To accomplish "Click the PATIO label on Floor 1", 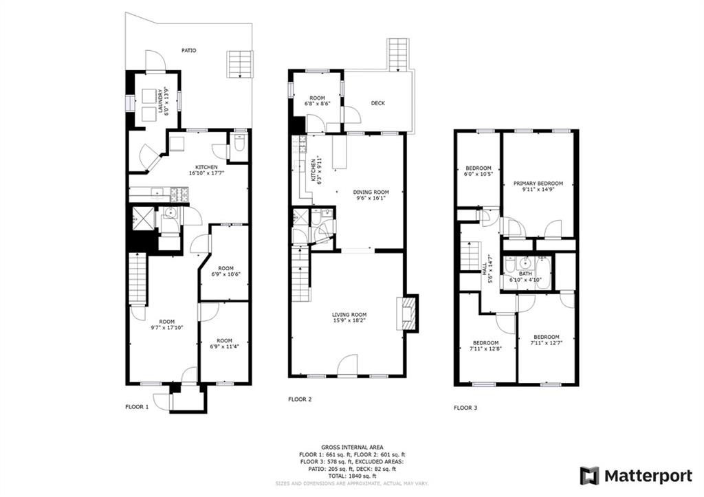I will (188, 50).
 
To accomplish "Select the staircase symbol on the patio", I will (239, 63).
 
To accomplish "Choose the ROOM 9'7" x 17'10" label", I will (166, 324).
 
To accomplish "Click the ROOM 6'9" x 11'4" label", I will (225, 344).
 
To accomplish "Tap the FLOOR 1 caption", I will (137, 407).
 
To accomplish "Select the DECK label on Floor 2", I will (378, 103).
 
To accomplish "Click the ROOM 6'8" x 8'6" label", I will (317, 101).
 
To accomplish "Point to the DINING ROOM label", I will (371, 196).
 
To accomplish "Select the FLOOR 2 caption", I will (300, 399).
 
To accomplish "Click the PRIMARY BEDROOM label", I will (538, 187).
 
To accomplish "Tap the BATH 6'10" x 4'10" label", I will (525, 276).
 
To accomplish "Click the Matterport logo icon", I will (589, 476).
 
